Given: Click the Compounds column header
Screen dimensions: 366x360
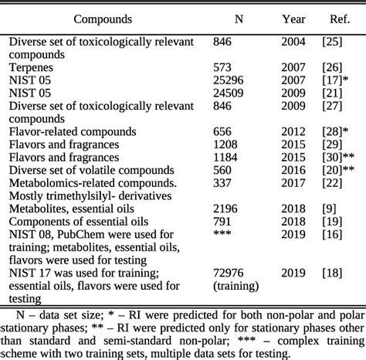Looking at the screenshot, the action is pyautogui.click(x=103, y=19).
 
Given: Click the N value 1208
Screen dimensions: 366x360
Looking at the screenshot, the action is pyautogui.click(x=225, y=144).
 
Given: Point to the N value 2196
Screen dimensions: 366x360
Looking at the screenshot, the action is pyautogui.click(x=225, y=209).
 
